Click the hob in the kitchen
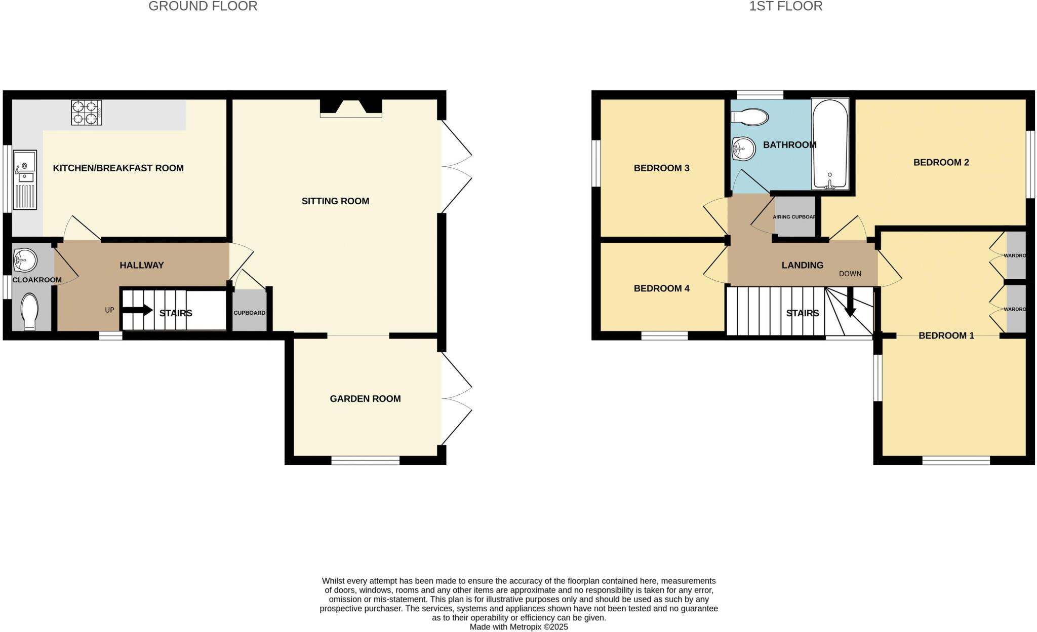pos(86,113)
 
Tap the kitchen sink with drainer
pos(25,179)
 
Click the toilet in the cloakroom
pos(30,311)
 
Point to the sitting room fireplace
pos(351,107)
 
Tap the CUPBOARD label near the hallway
pos(249,313)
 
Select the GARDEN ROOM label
pos(365,399)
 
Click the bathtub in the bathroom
pos(830,144)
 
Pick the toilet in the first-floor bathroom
pos(750,117)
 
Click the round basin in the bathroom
pos(743,149)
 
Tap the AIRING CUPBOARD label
pos(794,217)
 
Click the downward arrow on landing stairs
pos(851,303)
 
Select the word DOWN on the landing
pos(850,274)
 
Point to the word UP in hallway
pos(109,310)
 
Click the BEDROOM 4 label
pos(661,288)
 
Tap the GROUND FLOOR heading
pos(203,6)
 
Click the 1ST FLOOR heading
pos(785,6)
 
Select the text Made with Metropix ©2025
pos(518,627)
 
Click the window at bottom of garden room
pos(365,460)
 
